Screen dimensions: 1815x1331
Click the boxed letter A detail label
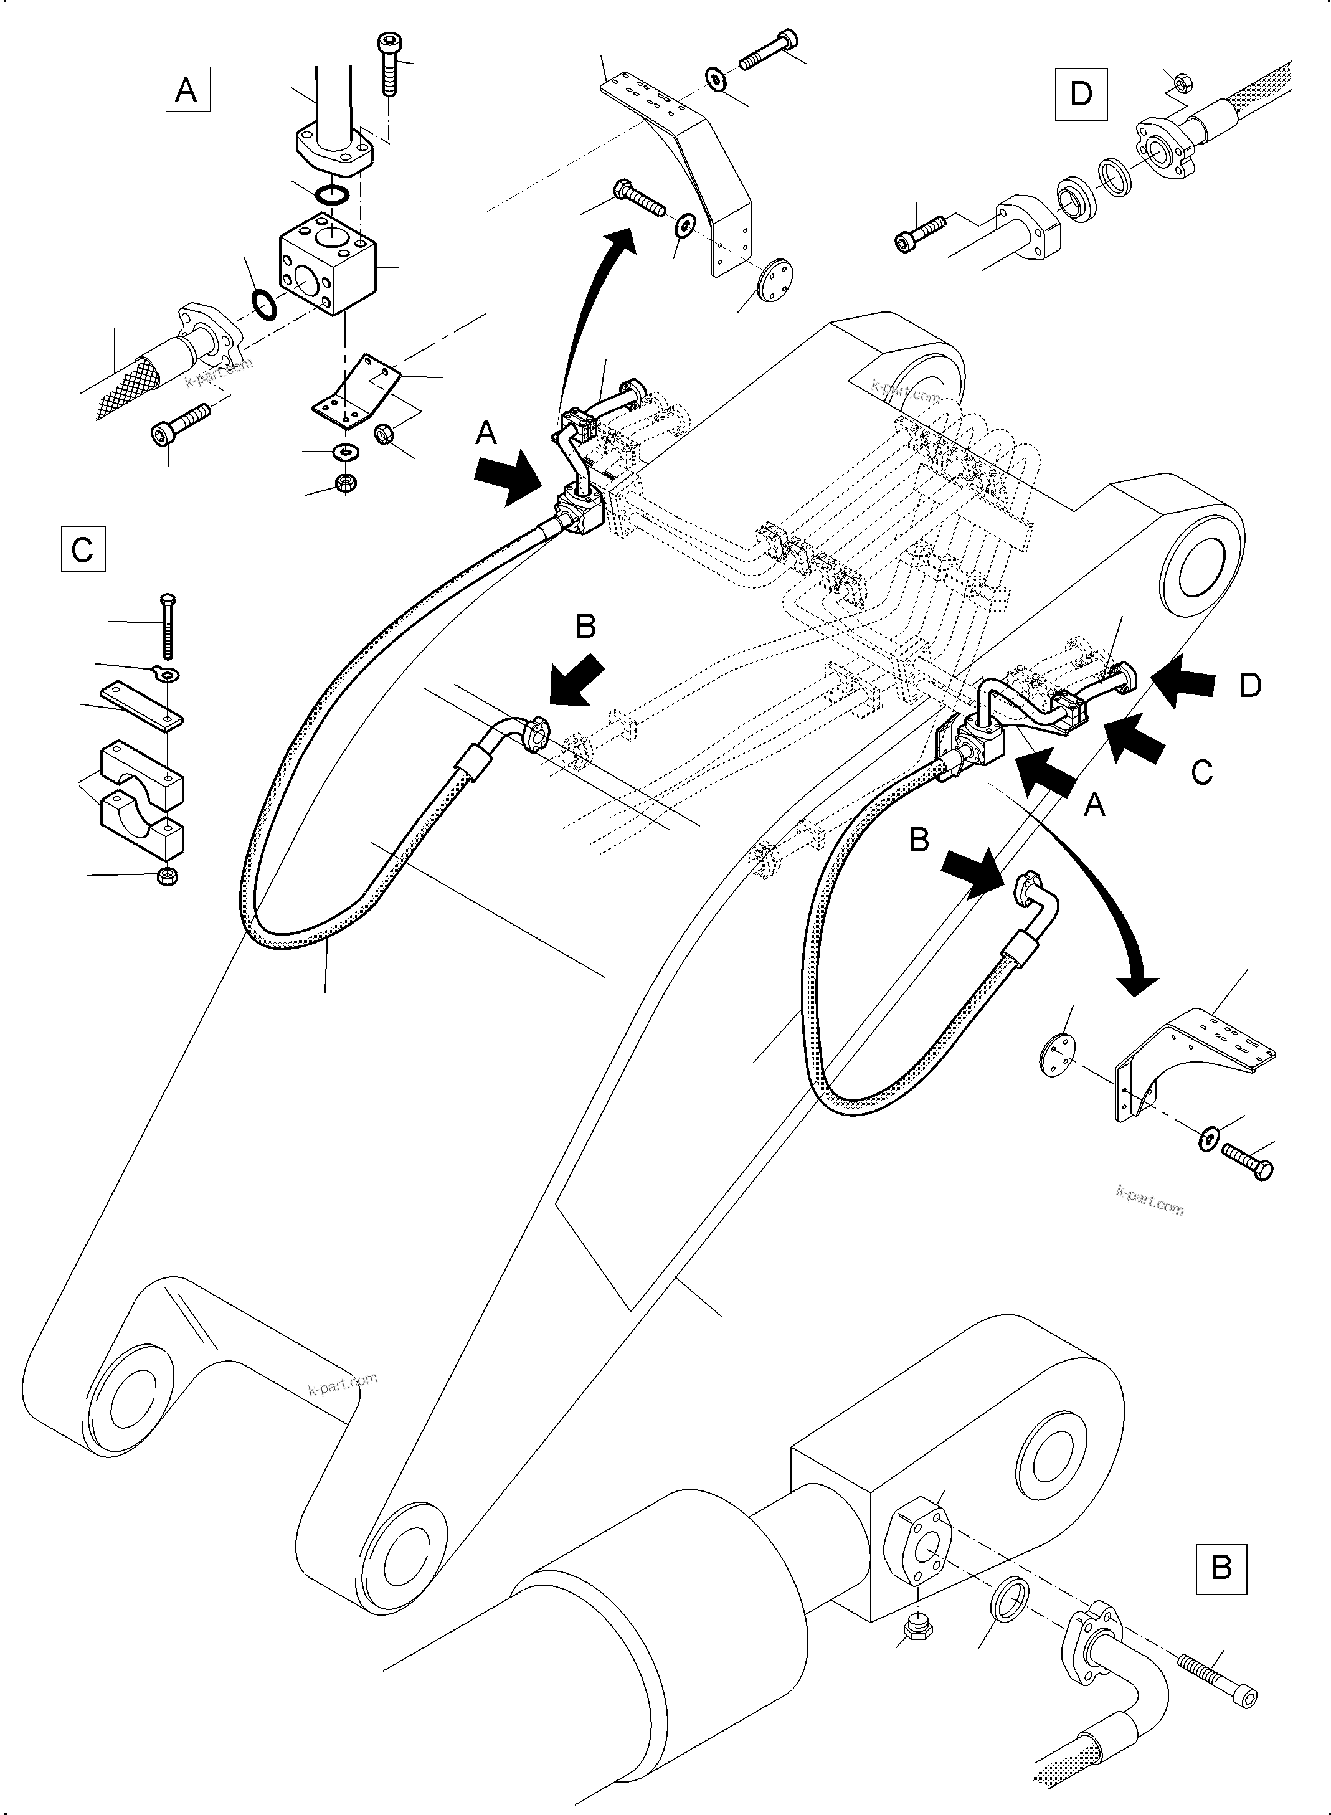[187, 90]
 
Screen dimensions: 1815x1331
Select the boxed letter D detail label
[1081, 93]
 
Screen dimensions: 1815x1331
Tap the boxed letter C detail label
[83, 549]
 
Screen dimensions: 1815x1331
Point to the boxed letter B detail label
[1221, 1568]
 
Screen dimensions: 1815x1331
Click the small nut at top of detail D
[1178, 80]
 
